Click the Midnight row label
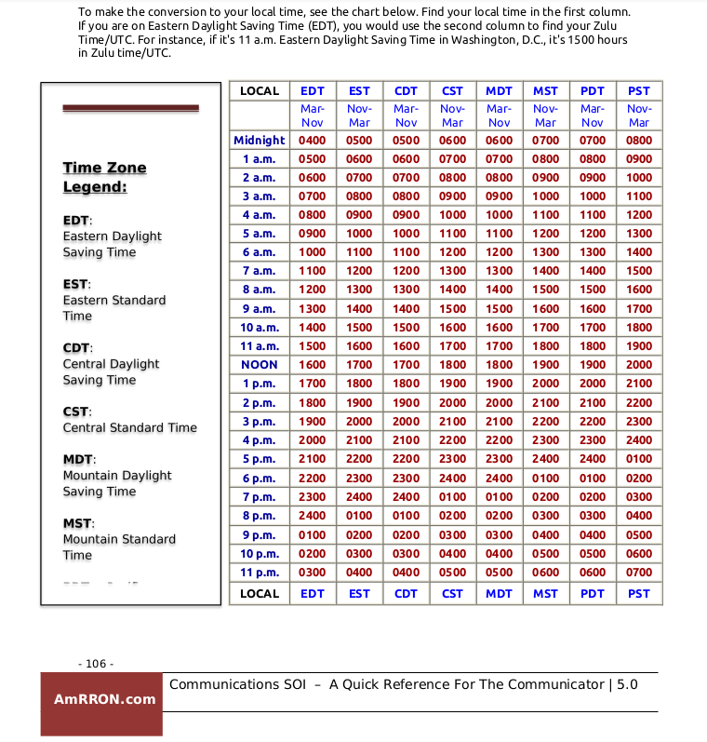click(260, 141)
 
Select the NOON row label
click(260, 365)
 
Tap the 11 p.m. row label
click(260, 572)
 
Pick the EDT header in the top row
click(313, 91)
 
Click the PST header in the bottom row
click(639, 593)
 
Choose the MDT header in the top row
click(500, 91)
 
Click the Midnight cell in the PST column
click(639, 141)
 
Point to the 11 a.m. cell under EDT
click(313, 346)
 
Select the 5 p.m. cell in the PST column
click(639, 459)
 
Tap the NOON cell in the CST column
click(453, 365)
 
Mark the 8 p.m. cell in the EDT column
click(313, 515)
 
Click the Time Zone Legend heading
click(104, 177)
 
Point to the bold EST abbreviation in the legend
click(75, 284)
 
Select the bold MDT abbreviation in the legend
click(78, 459)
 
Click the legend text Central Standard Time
click(129, 427)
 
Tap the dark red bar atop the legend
click(130, 108)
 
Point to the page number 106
click(96, 664)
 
